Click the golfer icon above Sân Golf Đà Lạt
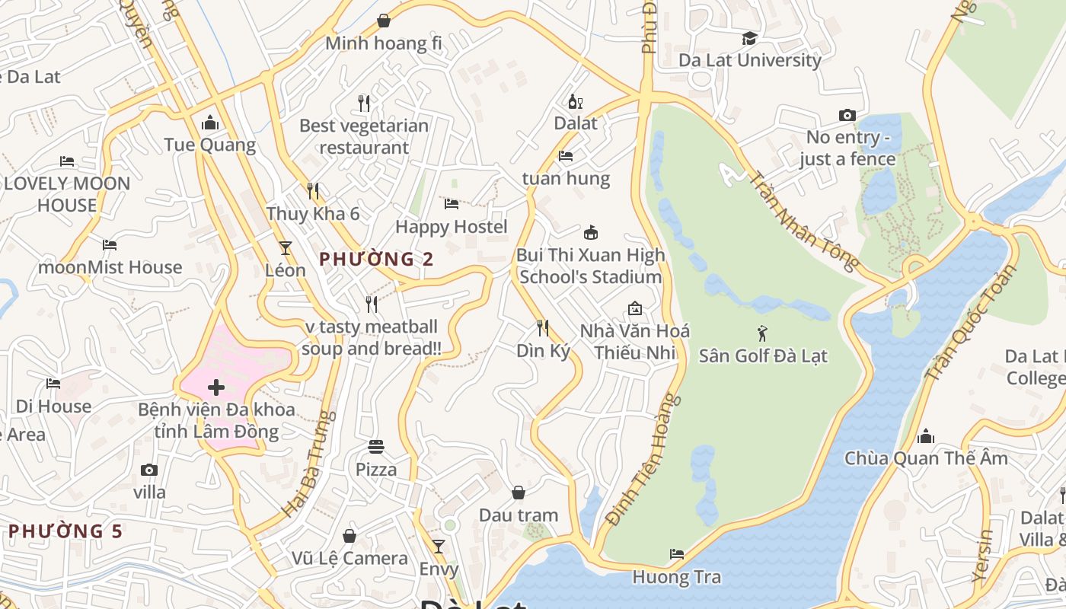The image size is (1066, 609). (x=762, y=333)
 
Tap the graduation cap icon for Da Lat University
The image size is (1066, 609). (x=750, y=38)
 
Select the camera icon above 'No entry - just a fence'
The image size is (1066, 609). (x=847, y=115)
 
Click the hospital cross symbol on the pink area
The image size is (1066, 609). (x=216, y=387)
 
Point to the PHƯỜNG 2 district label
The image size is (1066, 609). (x=376, y=260)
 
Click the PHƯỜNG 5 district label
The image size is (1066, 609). (x=65, y=531)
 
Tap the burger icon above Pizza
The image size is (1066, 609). (x=376, y=446)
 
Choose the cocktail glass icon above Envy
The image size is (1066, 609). (x=439, y=546)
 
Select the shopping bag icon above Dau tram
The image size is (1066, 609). (x=518, y=493)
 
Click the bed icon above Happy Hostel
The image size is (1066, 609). (x=452, y=204)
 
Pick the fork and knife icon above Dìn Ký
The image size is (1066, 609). (x=543, y=328)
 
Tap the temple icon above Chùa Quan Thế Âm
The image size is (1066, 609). (x=926, y=436)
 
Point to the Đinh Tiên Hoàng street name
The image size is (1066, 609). (x=643, y=460)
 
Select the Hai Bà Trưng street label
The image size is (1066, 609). (x=308, y=464)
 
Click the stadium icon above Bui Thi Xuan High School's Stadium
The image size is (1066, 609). (x=590, y=232)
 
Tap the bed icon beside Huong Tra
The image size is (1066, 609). (x=676, y=554)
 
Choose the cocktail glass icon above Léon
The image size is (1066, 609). (x=286, y=247)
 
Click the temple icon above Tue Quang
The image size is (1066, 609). (x=210, y=123)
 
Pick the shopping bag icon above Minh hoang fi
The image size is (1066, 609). (x=384, y=21)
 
